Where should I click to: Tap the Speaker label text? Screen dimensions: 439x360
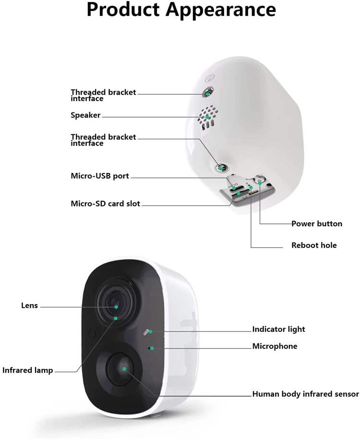coord(85,115)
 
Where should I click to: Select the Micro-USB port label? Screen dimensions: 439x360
coord(100,176)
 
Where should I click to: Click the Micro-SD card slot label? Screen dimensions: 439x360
coord(105,204)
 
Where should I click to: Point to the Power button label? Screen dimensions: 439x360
coord(317,224)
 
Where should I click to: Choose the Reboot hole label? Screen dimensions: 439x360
coord(314,245)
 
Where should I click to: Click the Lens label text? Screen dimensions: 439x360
coord(29,305)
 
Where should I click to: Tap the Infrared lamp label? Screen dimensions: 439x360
coord(27,370)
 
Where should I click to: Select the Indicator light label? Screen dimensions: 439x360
coord(278,329)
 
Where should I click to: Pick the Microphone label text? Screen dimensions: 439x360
coord(275,346)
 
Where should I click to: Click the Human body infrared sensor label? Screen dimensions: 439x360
coord(305,394)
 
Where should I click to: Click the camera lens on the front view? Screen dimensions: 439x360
coord(115,305)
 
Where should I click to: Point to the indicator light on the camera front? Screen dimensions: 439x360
coord(147,332)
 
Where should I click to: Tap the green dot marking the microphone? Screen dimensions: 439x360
coord(152,348)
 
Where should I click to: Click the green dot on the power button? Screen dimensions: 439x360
coord(260,183)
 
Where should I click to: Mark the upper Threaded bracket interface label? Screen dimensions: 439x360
coord(103,95)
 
